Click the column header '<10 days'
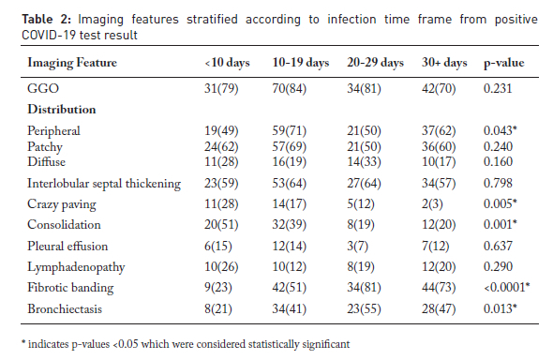pyautogui.click(x=227, y=63)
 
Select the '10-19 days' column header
pyautogui.click(x=301, y=63)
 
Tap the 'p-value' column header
pyautogui.click(x=503, y=64)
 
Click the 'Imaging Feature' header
pyautogui.click(x=72, y=63)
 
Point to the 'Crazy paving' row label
pyautogui.click(x=62, y=204)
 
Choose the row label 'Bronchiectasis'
pyautogui.click(x=65, y=308)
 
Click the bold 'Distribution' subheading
pyautogui.click(x=62, y=110)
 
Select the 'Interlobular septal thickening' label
pyautogui.click(x=104, y=184)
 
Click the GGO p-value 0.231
pyautogui.click(x=498, y=88)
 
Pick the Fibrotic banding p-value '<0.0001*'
pyautogui.click(x=507, y=288)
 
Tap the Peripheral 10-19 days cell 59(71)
pyautogui.click(x=290, y=131)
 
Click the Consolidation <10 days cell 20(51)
pyautogui.click(x=221, y=225)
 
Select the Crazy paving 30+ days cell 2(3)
pyautogui.click(x=432, y=203)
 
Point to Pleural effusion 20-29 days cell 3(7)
pyautogui.click(x=357, y=246)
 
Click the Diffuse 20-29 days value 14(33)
pyautogui.click(x=364, y=162)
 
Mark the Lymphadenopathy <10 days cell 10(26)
pyautogui.click(x=221, y=266)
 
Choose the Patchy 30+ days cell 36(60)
pyautogui.click(x=439, y=146)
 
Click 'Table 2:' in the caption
pyautogui.click(x=46, y=19)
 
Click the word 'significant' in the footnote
pyautogui.click(x=326, y=344)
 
